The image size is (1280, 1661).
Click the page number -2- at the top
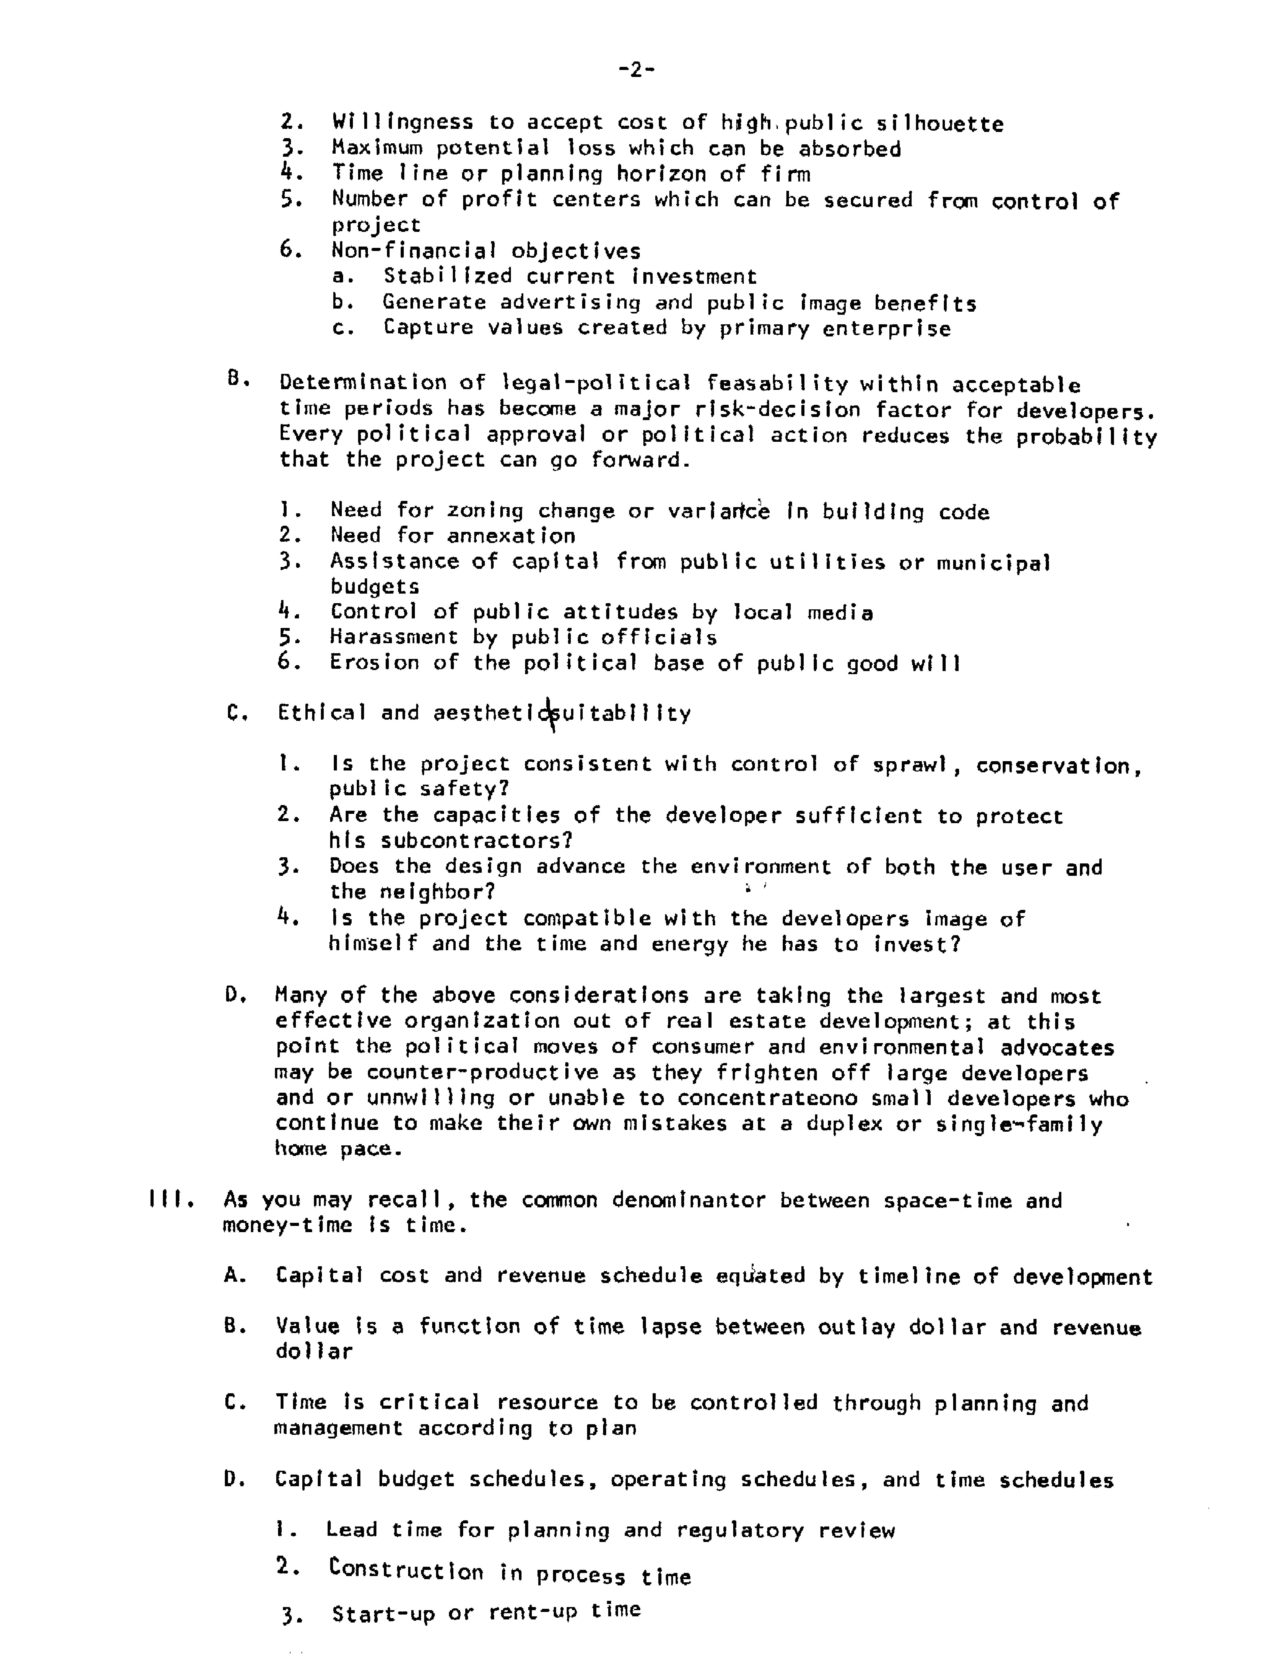[x=637, y=70]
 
